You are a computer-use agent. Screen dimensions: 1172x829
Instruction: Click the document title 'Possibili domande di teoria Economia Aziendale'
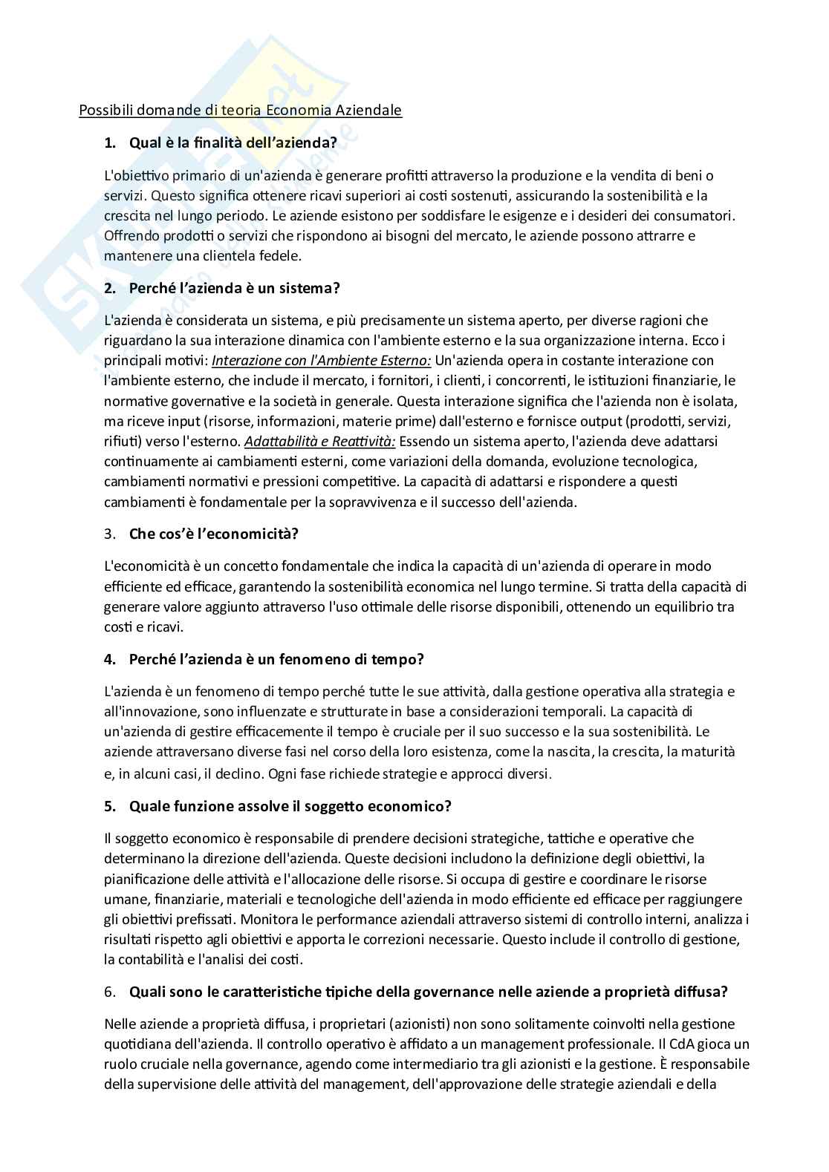(240, 111)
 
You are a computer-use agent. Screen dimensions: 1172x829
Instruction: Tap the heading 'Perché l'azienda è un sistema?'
(234, 288)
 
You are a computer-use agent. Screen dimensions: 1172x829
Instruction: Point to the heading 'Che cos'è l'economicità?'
(213, 534)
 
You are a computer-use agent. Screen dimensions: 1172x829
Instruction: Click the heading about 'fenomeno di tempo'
(276, 659)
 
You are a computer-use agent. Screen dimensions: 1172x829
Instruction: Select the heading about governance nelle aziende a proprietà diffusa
(428, 992)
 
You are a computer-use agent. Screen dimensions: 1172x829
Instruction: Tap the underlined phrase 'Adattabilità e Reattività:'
(319, 442)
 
